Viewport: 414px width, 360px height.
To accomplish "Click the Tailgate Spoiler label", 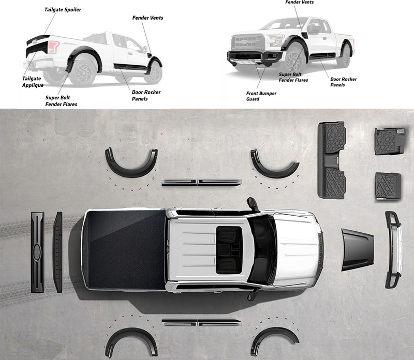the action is [63, 10].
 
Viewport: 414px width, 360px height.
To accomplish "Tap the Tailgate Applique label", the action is [33, 82].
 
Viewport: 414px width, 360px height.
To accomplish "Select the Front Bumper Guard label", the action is [261, 96].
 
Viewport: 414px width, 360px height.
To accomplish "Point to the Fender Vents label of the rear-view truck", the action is [147, 18].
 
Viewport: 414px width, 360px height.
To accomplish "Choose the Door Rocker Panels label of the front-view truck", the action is [343, 82].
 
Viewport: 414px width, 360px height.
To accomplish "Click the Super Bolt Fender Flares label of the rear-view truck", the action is [61, 101].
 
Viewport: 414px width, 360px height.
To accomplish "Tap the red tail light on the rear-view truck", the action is [53, 47].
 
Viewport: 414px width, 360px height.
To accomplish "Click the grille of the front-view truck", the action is [248, 42].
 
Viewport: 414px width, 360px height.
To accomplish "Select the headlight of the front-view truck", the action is [276, 40].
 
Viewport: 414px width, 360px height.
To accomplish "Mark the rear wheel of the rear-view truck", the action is [83, 71].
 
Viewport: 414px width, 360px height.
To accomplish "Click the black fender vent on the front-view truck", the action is [304, 35].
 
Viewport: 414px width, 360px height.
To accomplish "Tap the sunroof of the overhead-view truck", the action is [229, 250].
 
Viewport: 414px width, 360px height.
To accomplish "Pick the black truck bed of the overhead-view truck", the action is [124, 249].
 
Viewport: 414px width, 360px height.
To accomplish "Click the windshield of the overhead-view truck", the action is [262, 250].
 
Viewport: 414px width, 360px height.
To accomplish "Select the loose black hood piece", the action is [358, 250].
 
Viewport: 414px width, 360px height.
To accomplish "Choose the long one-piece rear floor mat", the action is [332, 160].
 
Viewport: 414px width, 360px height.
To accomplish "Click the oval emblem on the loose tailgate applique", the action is [37, 252].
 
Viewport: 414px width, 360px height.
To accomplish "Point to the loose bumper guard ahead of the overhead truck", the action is [394, 249].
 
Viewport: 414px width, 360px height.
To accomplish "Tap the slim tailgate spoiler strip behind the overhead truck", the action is [58, 252].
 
